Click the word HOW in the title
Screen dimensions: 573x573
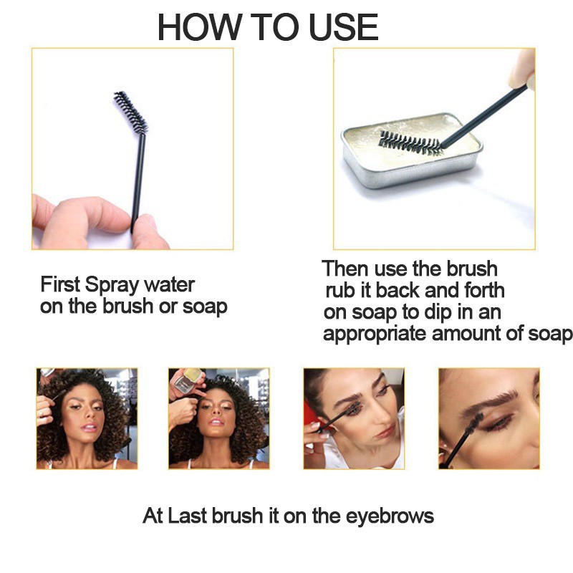(x=199, y=27)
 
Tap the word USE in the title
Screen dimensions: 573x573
(x=343, y=27)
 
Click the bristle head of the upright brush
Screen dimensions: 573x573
(x=130, y=112)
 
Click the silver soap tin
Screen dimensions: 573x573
(x=412, y=150)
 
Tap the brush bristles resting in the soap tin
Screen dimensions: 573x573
(x=410, y=142)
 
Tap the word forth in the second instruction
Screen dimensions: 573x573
(x=484, y=291)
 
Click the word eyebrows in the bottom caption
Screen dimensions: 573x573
(x=390, y=516)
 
